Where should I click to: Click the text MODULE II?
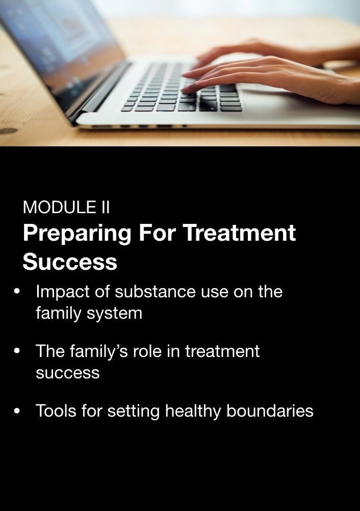point(66,207)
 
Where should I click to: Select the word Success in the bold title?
point(70,262)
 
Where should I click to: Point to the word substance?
point(155,291)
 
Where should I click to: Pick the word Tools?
point(56,411)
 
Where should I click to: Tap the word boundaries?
point(270,411)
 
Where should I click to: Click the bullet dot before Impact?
point(17,291)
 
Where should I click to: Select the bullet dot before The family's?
point(17,351)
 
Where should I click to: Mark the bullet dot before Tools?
point(17,411)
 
